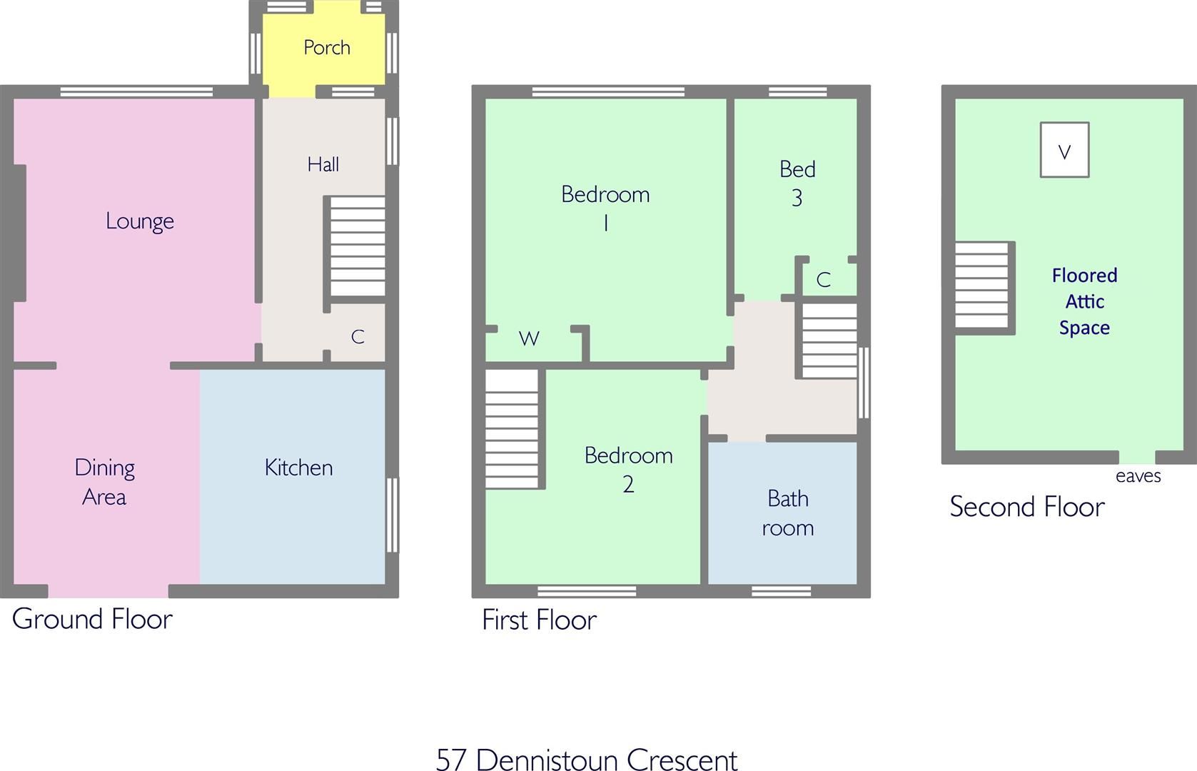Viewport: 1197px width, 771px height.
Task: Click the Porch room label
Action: tap(327, 48)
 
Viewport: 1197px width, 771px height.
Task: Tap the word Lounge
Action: tap(140, 221)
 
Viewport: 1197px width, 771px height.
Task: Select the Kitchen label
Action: tap(298, 468)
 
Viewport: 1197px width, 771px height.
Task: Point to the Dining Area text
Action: tap(104, 482)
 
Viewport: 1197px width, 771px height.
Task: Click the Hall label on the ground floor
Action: tap(323, 165)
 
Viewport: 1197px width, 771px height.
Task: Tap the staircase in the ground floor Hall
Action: tap(357, 247)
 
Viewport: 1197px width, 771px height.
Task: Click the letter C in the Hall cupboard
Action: tap(358, 337)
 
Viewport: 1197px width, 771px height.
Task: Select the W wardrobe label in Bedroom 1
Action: tap(529, 339)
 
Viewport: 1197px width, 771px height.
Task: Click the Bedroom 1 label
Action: tap(605, 208)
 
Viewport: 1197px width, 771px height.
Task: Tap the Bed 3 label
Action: tap(797, 183)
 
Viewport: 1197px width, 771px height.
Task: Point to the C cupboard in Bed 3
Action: tap(823, 280)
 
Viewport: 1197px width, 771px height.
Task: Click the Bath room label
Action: tap(787, 513)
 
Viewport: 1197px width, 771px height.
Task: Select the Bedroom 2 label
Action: tap(628, 469)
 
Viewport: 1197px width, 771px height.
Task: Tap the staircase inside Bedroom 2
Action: tap(512, 428)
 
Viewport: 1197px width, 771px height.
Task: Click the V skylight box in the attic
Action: tap(1064, 151)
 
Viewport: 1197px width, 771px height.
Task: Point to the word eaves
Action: tap(1138, 476)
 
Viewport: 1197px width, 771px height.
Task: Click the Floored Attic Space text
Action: tap(1084, 301)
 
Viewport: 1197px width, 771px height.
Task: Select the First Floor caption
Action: tap(539, 620)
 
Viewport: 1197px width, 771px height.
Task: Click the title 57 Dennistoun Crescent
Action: tap(587, 759)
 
